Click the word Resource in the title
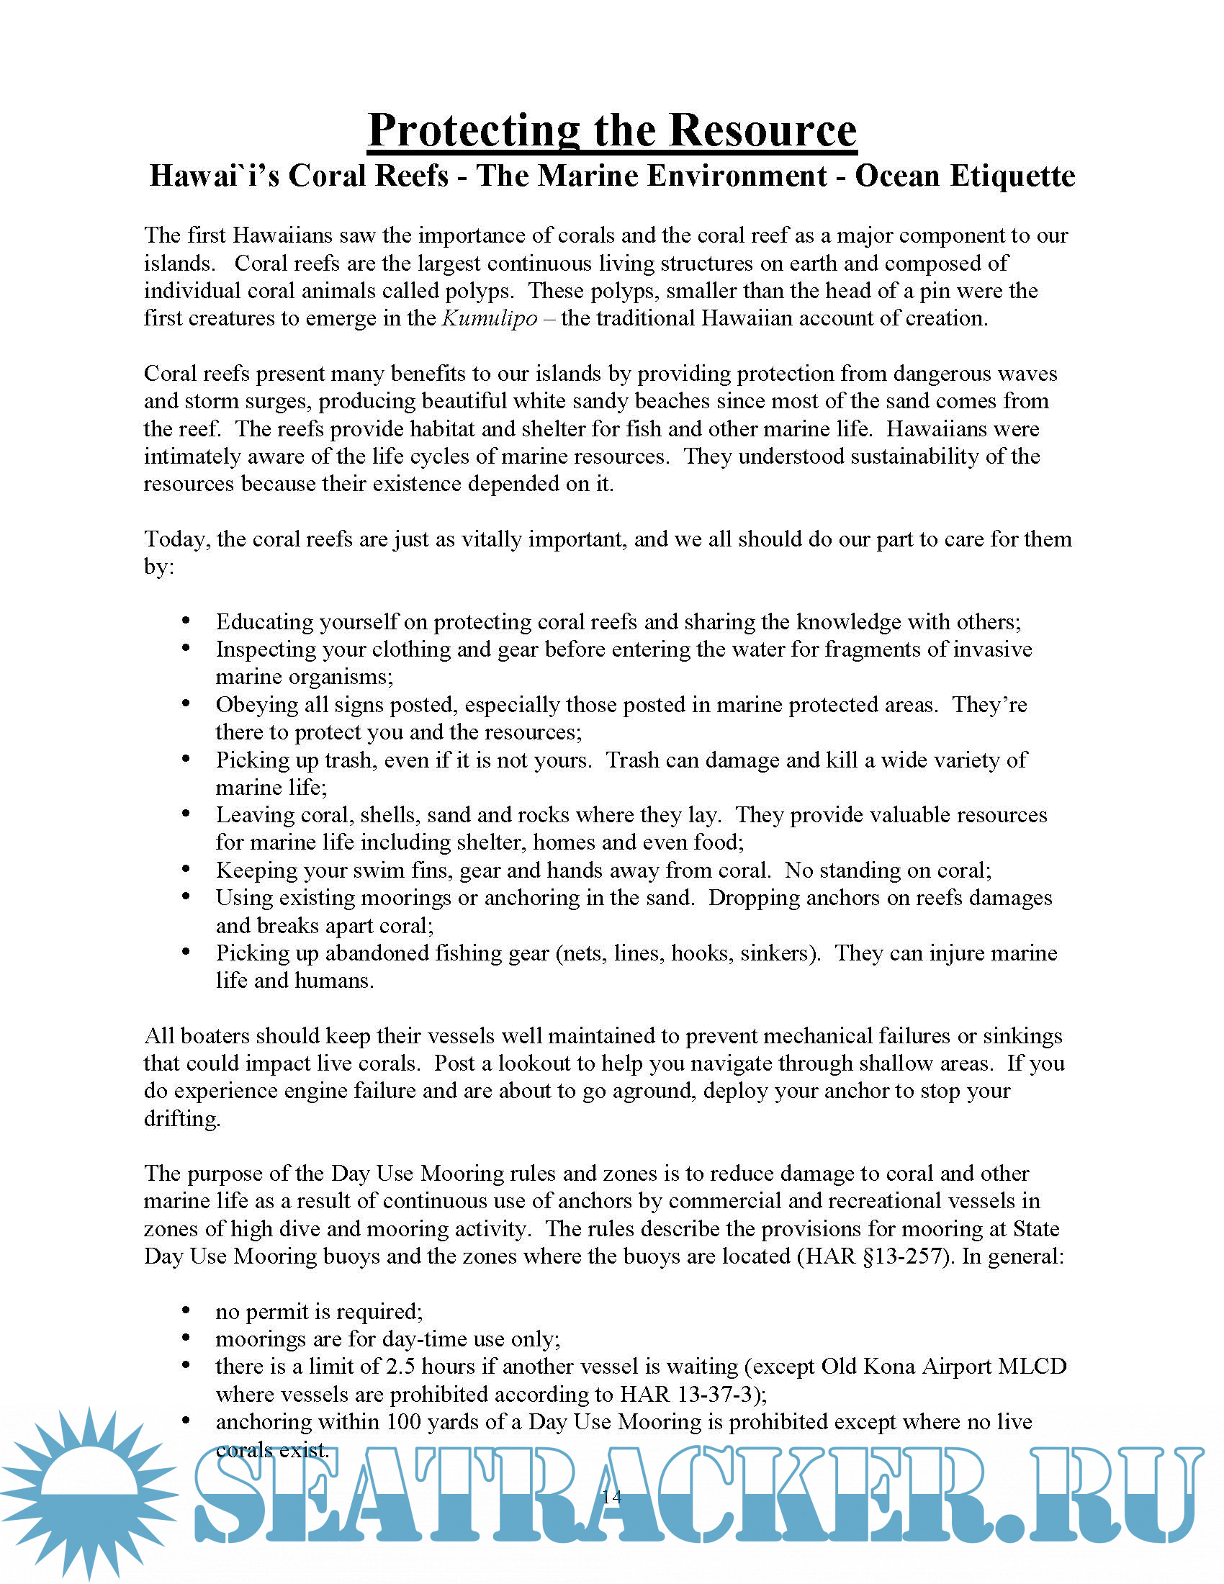click(x=762, y=130)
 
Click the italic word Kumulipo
click(x=490, y=318)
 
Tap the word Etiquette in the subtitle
click(x=964, y=176)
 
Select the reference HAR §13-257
click(x=876, y=1256)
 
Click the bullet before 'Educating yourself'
click(x=186, y=621)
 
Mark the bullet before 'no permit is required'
click(x=186, y=1310)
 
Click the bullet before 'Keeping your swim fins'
click(x=186, y=869)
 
